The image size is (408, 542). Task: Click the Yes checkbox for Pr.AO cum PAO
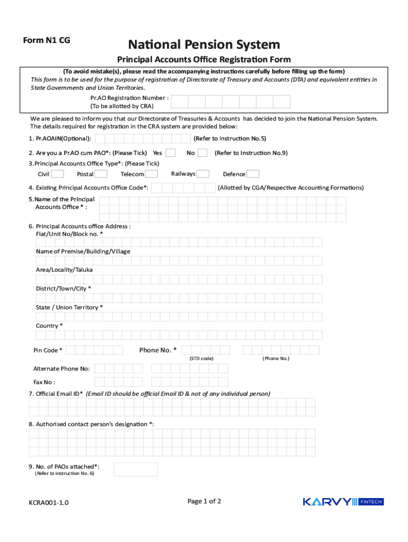(171, 153)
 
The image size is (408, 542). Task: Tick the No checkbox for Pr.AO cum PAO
(202, 153)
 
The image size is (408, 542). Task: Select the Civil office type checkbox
(58, 174)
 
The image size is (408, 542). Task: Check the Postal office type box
(101, 174)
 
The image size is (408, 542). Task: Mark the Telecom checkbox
(152, 174)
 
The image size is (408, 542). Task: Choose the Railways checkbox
(203, 174)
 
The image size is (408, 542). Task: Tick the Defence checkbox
(253, 174)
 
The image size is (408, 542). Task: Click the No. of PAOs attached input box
(136, 469)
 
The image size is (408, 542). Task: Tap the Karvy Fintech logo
(342, 502)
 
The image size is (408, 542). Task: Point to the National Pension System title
(203, 44)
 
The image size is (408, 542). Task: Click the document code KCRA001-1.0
(48, 503)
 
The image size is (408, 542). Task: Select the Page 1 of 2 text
(204, 501)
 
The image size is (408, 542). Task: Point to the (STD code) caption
(201, 358)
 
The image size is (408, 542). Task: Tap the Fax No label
(45, 382)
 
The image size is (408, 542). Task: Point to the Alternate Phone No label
(61, 368)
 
